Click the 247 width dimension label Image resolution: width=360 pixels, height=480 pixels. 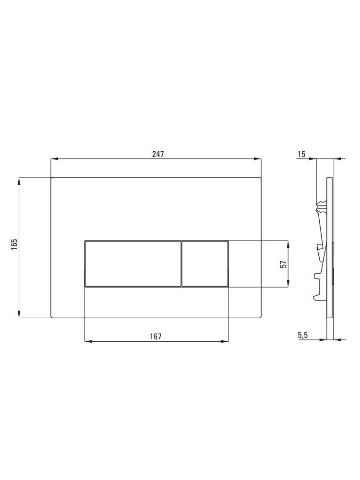pos(158,154)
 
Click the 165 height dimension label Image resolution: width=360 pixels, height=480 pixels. pos(14,244)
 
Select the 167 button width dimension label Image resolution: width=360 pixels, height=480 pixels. pos(156,336)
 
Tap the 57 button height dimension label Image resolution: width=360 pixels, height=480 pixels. pos(284,264)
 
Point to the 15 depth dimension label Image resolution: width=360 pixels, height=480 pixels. pos(301,154)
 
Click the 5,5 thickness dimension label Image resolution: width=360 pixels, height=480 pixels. pos(303,336)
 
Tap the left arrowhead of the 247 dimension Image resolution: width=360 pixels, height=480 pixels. pos(54,158)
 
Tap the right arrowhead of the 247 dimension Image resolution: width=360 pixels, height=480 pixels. pos(257,158)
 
